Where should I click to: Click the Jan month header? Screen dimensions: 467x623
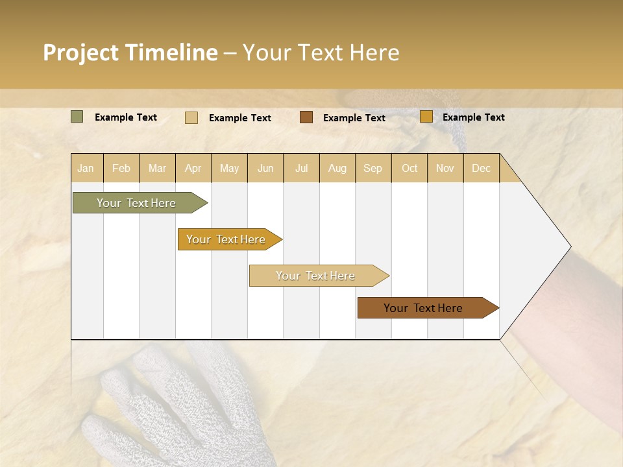(x=86, y=168)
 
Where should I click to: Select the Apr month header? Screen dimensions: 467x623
(x=193, y=168)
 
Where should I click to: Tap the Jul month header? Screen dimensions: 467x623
(x=301, y=168)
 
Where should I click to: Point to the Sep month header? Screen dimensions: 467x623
(x=373, y=168)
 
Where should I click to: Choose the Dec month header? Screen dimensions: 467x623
(x=481, y=168)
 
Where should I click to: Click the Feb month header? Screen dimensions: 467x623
(x=121, y=168)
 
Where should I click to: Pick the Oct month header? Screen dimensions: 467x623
(x=409, y=168)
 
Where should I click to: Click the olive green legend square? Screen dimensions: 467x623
(x=77, y=117)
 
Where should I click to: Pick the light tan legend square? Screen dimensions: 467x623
(x=191, y=117)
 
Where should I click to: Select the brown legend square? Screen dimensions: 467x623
(x=306, y=117)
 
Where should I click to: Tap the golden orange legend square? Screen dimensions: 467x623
(x=426, y=117)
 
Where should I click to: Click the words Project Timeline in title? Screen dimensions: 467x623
(x=130, y=53)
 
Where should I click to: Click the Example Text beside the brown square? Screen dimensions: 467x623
(x=354, y=118)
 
